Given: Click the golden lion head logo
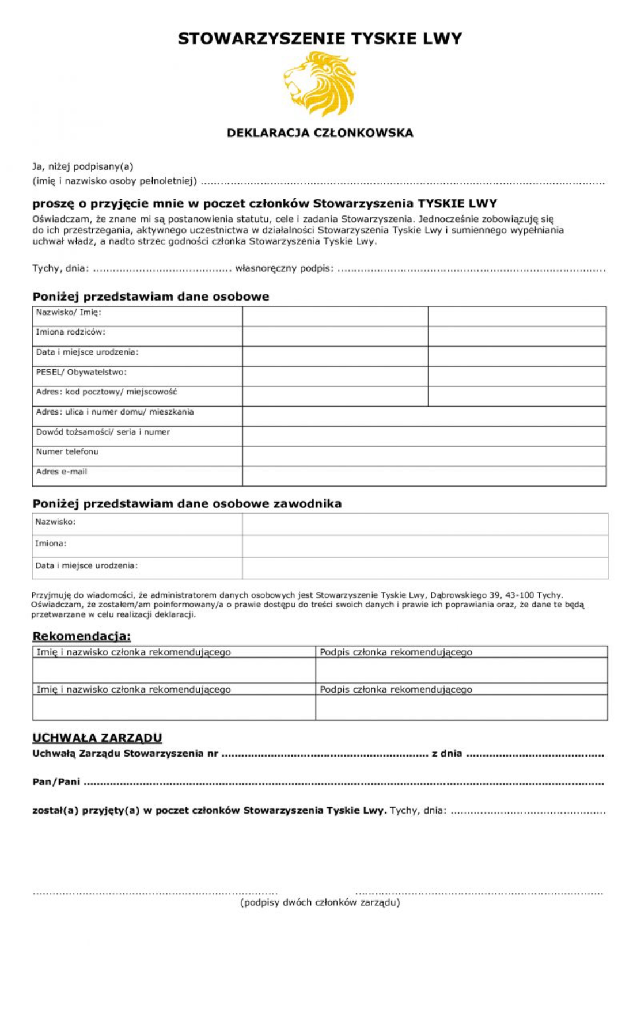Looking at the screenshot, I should [319, 83].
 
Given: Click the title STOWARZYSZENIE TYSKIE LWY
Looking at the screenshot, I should [320, 39].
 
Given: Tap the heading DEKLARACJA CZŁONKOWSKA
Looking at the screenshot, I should [320, 133].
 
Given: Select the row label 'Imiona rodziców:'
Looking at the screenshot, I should [70, 332].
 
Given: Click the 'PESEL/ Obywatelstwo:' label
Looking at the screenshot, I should [81, 372].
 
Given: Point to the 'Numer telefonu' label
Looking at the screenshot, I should [67, 452].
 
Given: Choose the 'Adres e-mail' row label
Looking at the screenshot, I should [61, 472].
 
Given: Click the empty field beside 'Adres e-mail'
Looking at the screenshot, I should [424, 476].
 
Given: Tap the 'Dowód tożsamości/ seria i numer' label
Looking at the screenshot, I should [103, 432].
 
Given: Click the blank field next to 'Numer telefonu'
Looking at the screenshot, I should [424, 456].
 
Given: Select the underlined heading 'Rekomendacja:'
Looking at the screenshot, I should [81, 636].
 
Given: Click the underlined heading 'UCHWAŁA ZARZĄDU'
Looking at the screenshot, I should [97, 738].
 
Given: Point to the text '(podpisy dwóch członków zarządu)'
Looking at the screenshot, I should [320, 902].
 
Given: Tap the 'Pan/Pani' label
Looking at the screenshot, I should [56, 782].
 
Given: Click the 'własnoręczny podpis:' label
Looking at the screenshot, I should [284, 268].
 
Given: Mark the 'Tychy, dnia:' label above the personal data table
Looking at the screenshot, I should [60, 268].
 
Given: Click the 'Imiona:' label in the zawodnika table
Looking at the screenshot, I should [51, 544].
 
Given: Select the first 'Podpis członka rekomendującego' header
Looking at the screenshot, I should [396, 652].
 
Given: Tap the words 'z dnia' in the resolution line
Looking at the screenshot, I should [447, 753].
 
